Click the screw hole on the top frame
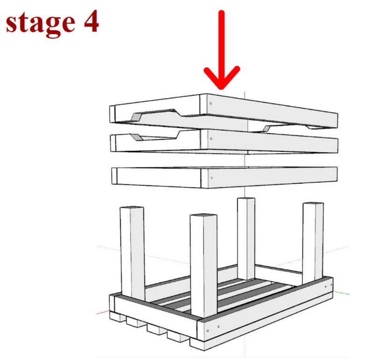211,103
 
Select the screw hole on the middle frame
211,139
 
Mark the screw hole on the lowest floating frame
212,178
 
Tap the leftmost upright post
132,252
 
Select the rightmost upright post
313,243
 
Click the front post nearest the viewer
203,266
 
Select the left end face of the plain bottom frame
114,176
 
